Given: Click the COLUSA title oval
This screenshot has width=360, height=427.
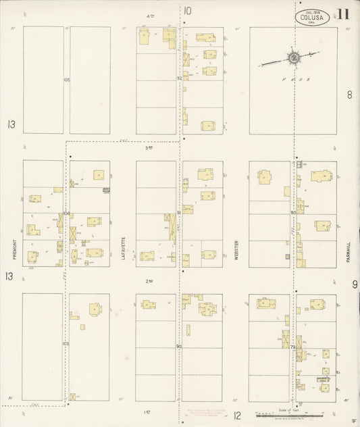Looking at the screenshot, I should click(x=313, y=16).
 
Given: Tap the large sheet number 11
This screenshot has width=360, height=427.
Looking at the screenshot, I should click(x=344, y=14).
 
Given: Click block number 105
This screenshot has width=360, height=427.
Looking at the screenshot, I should click(x=66, y=80).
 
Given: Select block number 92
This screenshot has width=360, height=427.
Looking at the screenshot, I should click(x=180, y=78).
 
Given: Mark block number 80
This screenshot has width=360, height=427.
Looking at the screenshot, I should click(x=293, y=213).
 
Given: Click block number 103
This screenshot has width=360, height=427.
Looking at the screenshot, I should click(x=66, y=344).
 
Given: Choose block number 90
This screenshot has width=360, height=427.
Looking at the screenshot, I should click(x=180, y=346).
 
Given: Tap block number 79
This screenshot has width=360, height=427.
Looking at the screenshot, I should click(x=293, y=346).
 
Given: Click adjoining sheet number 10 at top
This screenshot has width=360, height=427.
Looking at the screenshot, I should click(x=187, y=10).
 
